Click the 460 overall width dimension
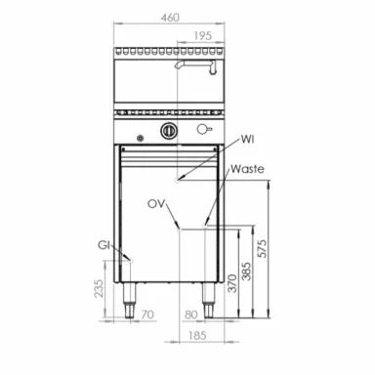pos(170,17)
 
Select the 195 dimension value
pos(203,35)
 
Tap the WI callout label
pos(247,140)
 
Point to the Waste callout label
pos(247,169)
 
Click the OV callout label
pos(156,204)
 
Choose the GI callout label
pos(104,245)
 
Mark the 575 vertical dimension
pos(262,249)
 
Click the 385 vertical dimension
pos(246,271)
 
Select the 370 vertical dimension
pos(232,283)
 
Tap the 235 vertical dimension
pos(99,288)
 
